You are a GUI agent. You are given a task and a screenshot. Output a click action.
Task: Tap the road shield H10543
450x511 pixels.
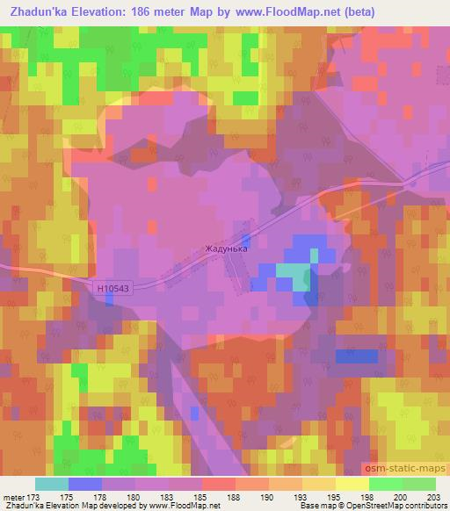pyautogui.click(x=114, y=287)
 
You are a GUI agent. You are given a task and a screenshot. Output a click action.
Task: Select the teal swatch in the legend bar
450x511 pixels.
pyautogui.click(x=52, y=484)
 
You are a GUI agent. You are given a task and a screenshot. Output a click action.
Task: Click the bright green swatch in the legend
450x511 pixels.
pyautogui.click(x=385, y=484)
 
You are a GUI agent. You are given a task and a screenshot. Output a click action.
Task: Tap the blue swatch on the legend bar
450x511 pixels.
pyautogui.click(x=85, y=484)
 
